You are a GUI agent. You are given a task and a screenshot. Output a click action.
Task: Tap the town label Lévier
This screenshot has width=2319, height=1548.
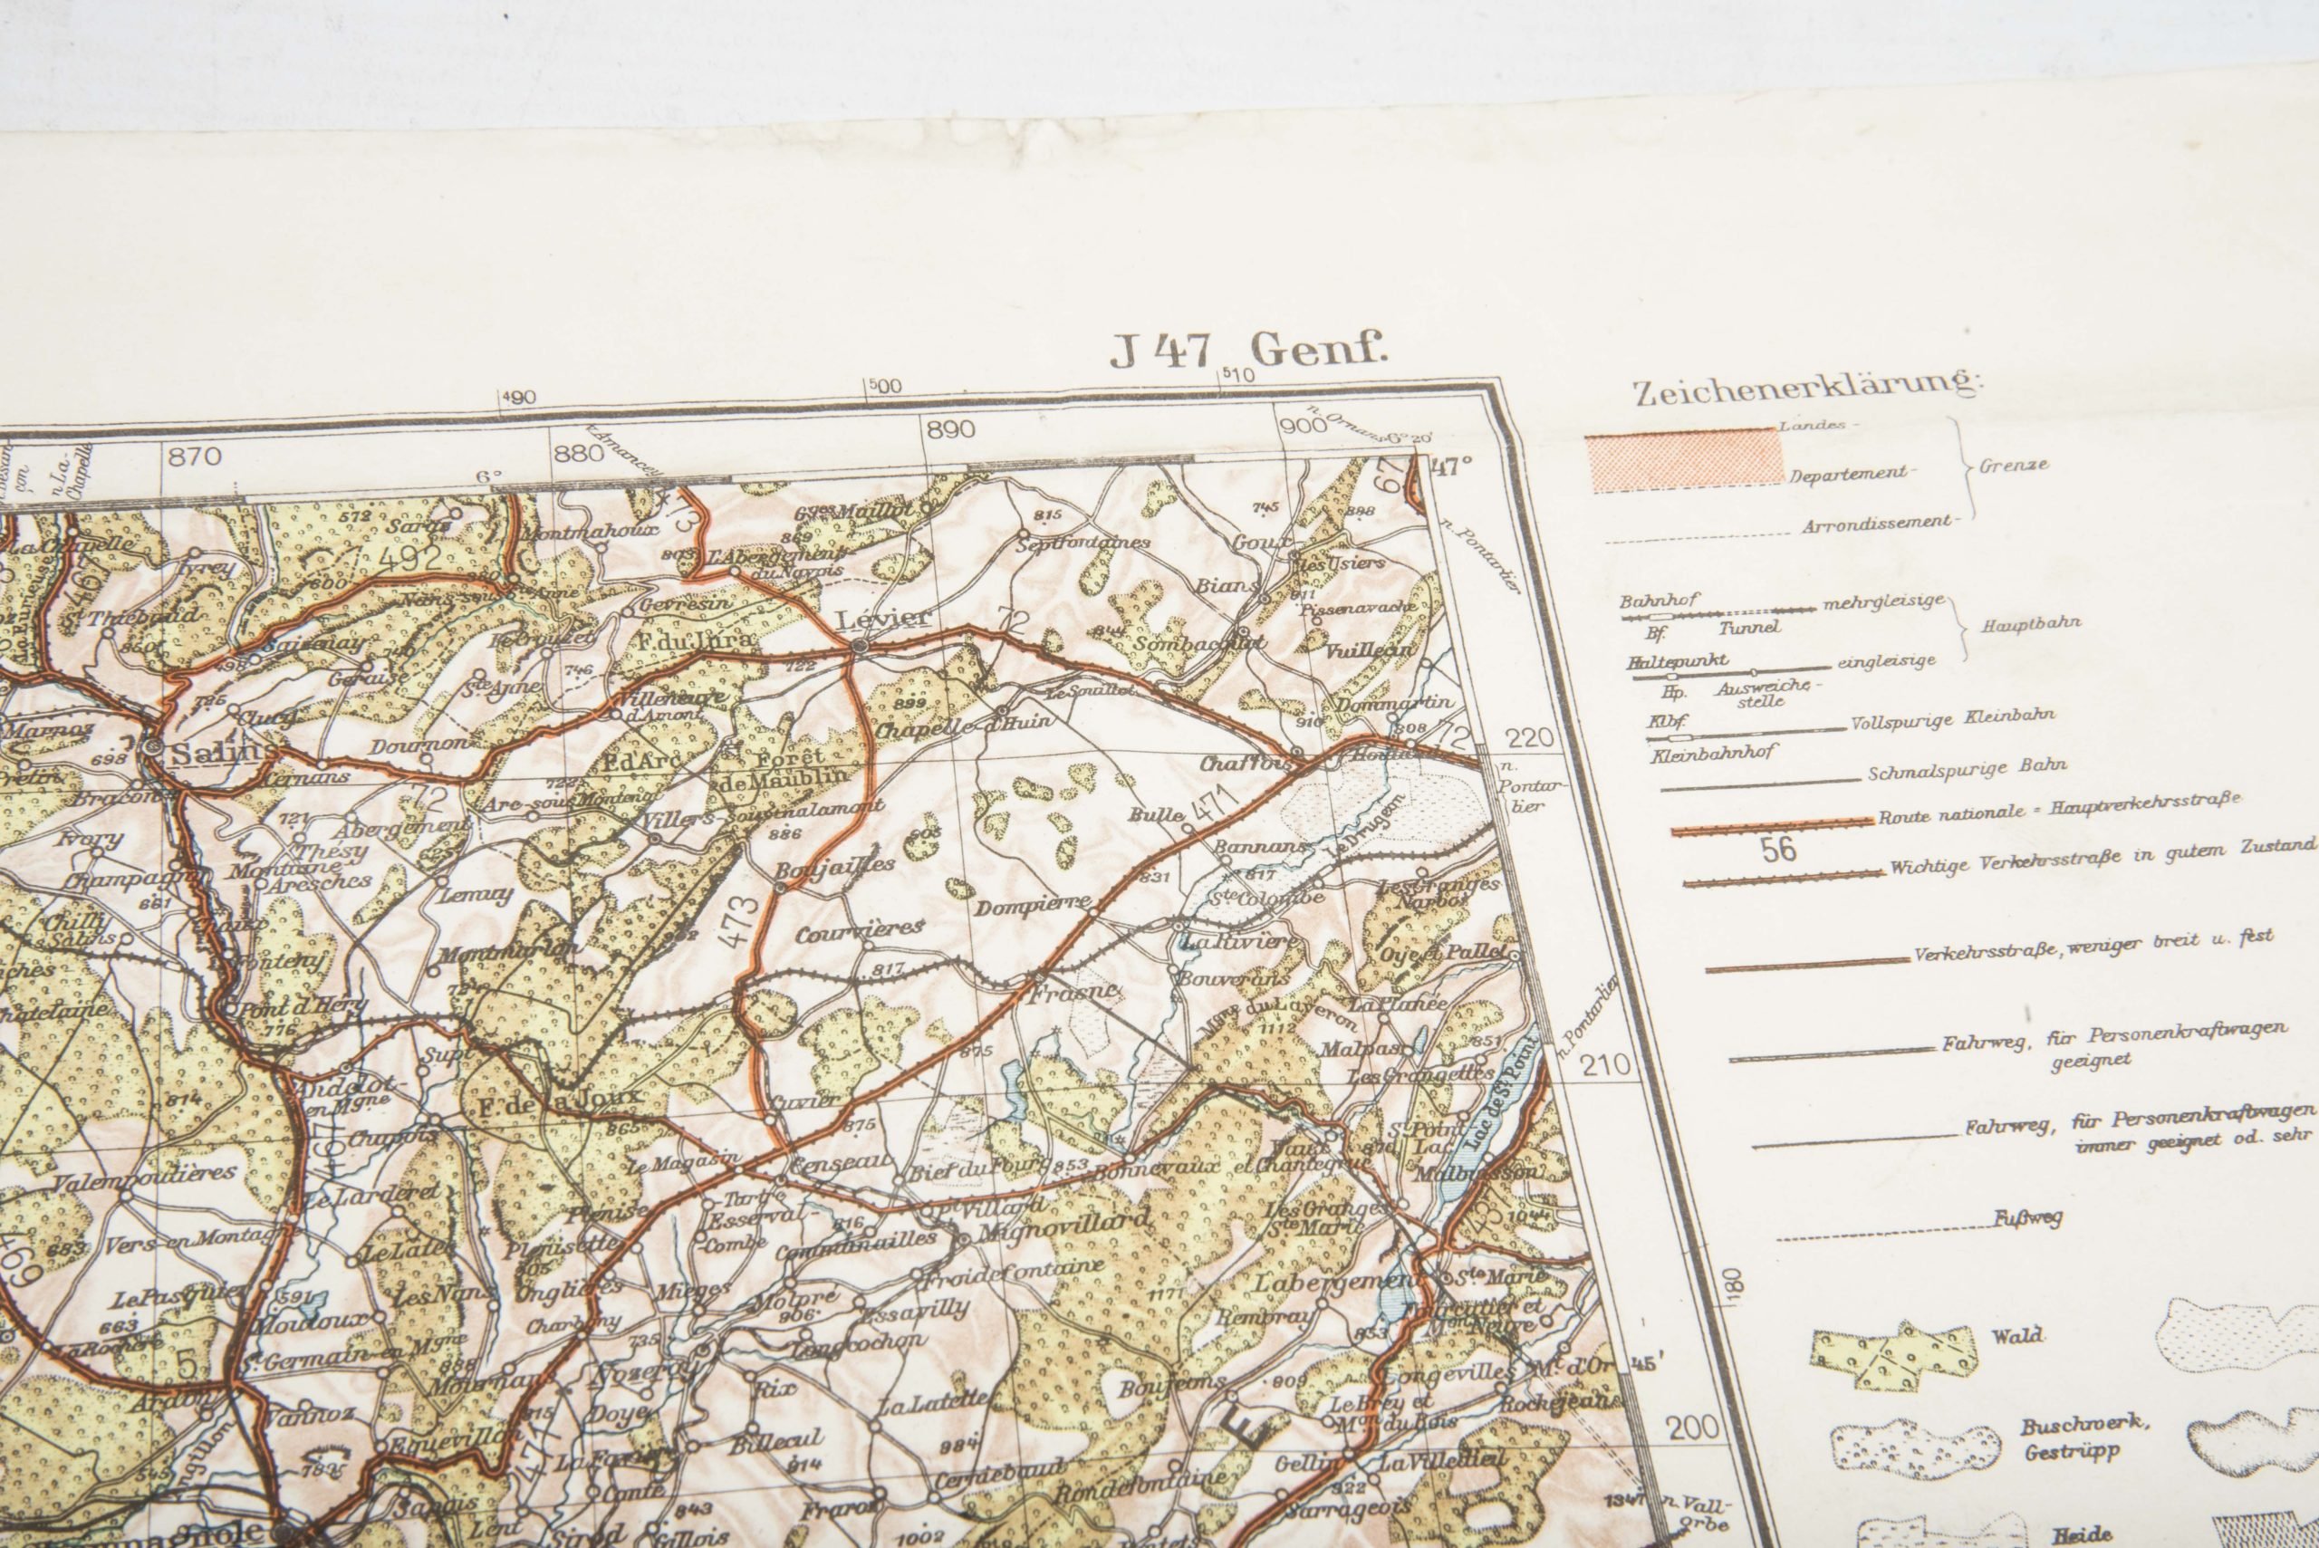869,619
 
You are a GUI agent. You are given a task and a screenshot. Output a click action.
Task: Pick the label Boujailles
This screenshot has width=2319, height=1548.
834,866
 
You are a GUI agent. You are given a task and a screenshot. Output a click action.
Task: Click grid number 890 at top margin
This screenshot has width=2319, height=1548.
951,429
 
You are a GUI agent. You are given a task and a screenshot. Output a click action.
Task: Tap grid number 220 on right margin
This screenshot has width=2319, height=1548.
1529,737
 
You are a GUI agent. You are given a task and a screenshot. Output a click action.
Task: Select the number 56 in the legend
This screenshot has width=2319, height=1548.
1778,850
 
